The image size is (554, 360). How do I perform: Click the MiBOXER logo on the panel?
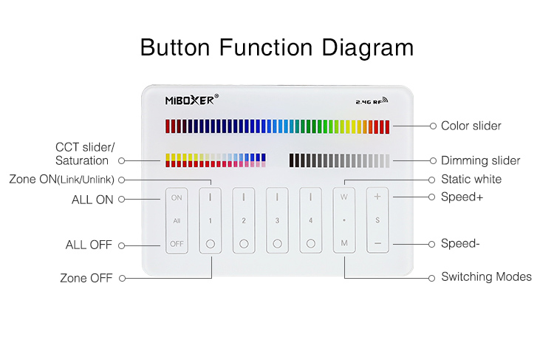coord(192,100)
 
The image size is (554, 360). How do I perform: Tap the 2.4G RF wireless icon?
coord(372,101)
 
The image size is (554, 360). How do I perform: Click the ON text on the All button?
coord(177,197)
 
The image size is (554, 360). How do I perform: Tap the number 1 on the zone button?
coord(211,221)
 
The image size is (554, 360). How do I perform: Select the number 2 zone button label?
coord(244,221)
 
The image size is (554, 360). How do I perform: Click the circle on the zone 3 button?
coord(277,244)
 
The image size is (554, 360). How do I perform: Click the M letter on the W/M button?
coord(344,243)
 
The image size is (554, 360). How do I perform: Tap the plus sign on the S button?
coord(377,197)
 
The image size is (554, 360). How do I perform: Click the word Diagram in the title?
coord(367,48)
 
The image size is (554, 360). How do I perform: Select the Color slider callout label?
coord(471,126)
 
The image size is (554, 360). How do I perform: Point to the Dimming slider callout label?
coord(481,160)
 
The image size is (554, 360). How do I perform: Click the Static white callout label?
coord(471,180)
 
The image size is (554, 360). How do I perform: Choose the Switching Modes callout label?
coord(487,276)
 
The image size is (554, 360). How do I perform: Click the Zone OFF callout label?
coord(86,278)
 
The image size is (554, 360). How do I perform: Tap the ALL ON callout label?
coord(92,200)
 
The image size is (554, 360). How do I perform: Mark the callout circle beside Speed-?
coord(431,244)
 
